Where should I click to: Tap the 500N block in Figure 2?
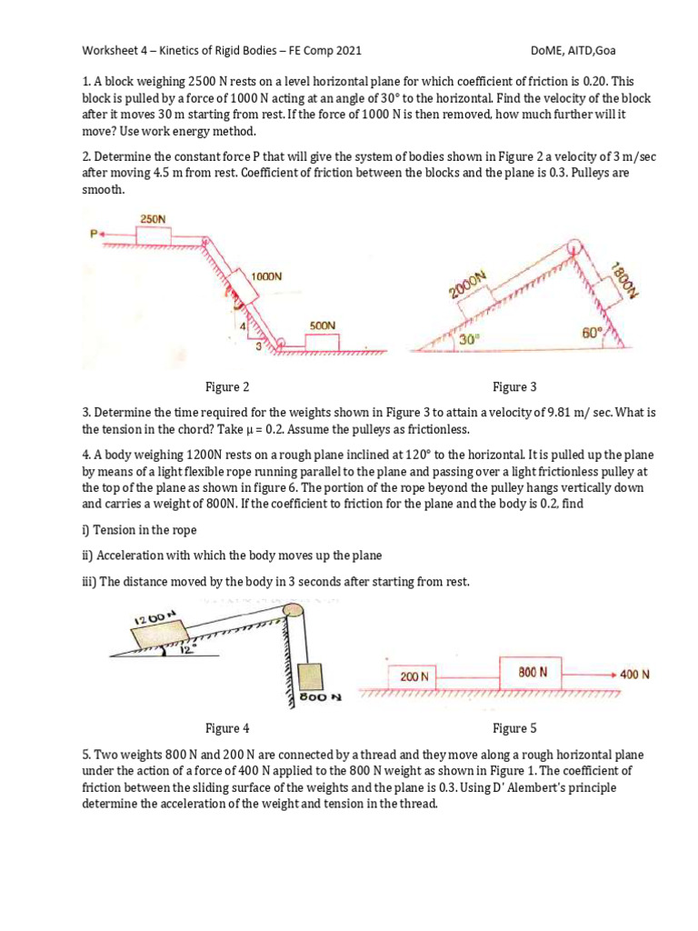322,342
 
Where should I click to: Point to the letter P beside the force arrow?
93,234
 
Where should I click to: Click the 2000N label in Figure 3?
470,284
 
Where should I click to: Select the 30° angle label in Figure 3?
468,338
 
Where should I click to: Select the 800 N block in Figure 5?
533,672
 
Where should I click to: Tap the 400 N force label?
634,675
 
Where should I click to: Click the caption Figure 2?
227,386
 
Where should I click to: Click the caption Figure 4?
227,727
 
